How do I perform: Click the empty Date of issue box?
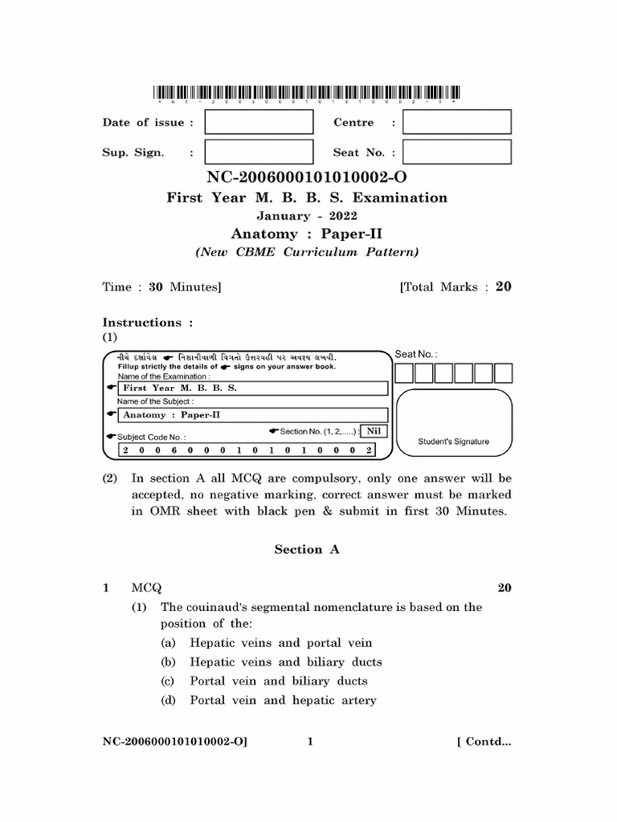pos(259,122)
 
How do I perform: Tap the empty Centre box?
pos(456,122)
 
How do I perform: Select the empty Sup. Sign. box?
pos(259,152)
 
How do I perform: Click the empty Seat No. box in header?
pos(456,152)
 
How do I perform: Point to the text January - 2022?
pos(308,216)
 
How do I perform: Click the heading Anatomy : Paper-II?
pos(308,234)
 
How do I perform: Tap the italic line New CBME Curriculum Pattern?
pos(308,252)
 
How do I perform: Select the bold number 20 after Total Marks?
pos(503,287)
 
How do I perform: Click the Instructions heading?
pos(148,323)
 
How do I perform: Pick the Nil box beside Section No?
pos(373,431)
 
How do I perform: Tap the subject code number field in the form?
pos(247,450)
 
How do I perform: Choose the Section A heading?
pos(308,550)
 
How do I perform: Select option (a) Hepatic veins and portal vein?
pos(280,643)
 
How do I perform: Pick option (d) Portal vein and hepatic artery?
pos(282,701)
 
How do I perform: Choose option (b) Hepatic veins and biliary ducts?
pos(285,662)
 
